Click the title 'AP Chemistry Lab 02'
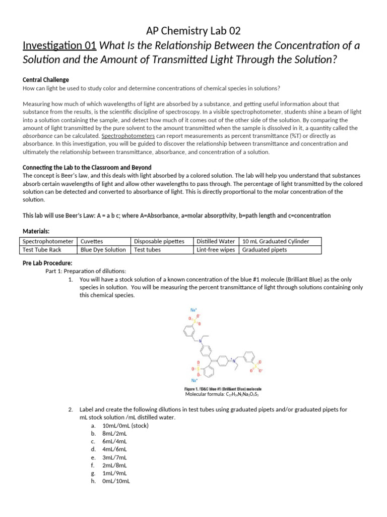193,31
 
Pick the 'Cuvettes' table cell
92,241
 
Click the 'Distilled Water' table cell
216,241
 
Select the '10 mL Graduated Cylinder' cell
276,241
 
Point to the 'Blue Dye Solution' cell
103,249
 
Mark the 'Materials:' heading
36,231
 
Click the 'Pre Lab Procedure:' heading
47,263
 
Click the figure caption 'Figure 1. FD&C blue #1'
222,389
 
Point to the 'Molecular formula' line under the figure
222,394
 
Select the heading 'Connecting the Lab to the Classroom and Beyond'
87,168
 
